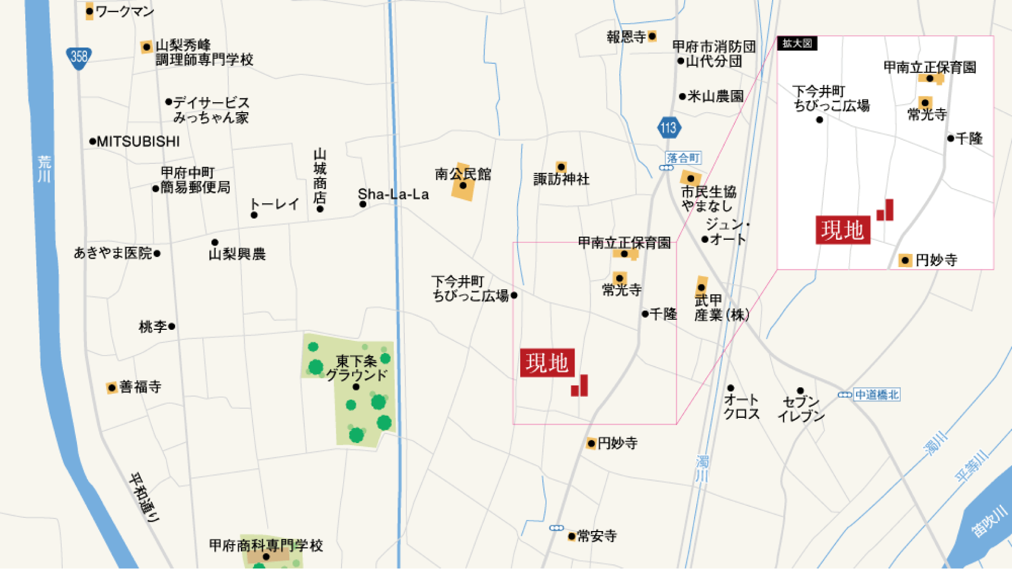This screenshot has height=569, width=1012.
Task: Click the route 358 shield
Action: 79,57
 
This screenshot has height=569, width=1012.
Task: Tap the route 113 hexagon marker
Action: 668,127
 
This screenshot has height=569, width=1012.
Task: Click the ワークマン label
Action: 124,12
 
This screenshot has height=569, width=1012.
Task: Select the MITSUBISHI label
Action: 138,142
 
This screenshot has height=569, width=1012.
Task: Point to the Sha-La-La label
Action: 393,194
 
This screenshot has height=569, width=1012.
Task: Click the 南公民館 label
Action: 463,174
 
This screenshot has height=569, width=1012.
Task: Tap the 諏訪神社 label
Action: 561,179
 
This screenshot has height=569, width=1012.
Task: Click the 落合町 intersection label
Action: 683,158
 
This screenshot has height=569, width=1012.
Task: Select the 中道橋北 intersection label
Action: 877,395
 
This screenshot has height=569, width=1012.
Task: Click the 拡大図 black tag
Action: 797,43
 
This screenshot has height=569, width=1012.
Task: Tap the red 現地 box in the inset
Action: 842,230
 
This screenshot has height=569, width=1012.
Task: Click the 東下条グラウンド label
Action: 357,368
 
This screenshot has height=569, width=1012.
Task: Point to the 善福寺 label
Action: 140,387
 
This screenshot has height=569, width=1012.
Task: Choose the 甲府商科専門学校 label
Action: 266,545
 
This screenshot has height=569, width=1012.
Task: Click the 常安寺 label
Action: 596,536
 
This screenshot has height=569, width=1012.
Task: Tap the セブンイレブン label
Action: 801,409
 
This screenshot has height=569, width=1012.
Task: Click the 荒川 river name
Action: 44,169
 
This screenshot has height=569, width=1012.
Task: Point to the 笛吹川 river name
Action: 989,521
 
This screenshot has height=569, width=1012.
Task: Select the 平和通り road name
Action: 144,497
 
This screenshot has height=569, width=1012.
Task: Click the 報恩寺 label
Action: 626,37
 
